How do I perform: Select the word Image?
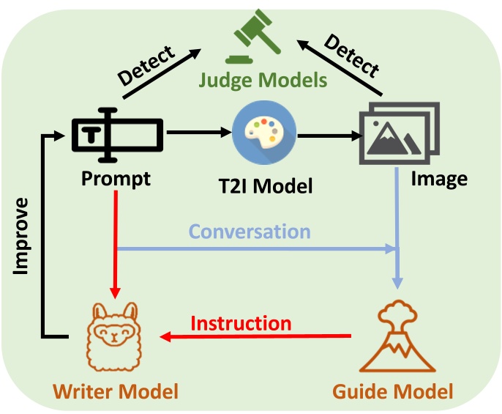(x=438, y=178)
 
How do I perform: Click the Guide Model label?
(x=393, y=391)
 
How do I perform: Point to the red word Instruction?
(x=241, y=323)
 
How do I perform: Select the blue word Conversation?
(x=250, y=232)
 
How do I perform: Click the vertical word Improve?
(x=22, y=235)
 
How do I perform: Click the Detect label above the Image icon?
(x=352, y=56)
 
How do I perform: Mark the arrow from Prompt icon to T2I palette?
(x=198, y=133)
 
